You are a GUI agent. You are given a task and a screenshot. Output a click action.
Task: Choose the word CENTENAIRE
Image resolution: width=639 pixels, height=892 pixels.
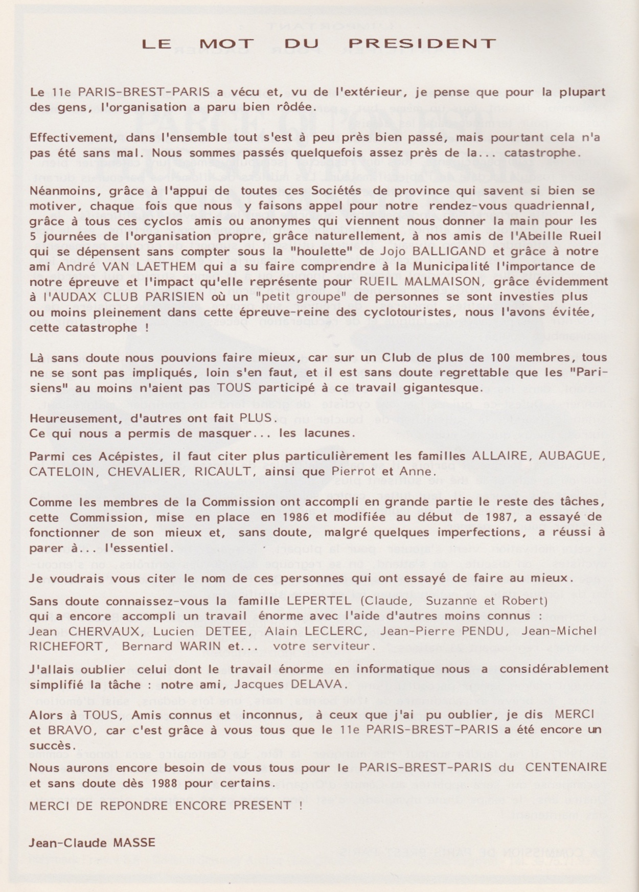pyautogui.click(x=566, y=767)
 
